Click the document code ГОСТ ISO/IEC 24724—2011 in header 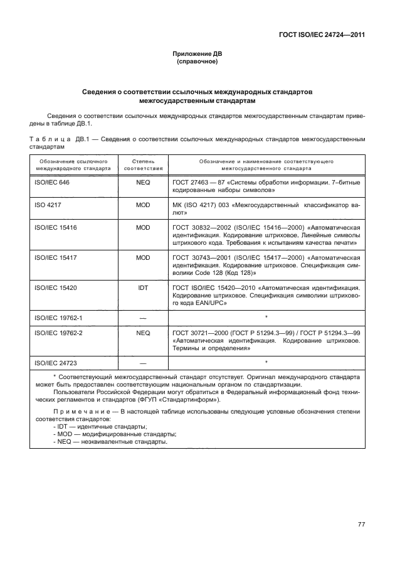click(x=321, y=35)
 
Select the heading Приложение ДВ click(x=197, y=55)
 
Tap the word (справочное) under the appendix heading click(x=197, y=63)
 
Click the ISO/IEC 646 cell click(x=51, y=181)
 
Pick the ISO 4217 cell click(x=48, y=205)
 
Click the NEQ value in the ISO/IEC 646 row click(x=143, y=181)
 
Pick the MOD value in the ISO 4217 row click(x=143, y=205)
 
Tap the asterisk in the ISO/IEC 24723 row click(x=266, y=362)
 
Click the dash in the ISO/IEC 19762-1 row click(x=143, y=318)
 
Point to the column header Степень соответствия click(x=143, y=165)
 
